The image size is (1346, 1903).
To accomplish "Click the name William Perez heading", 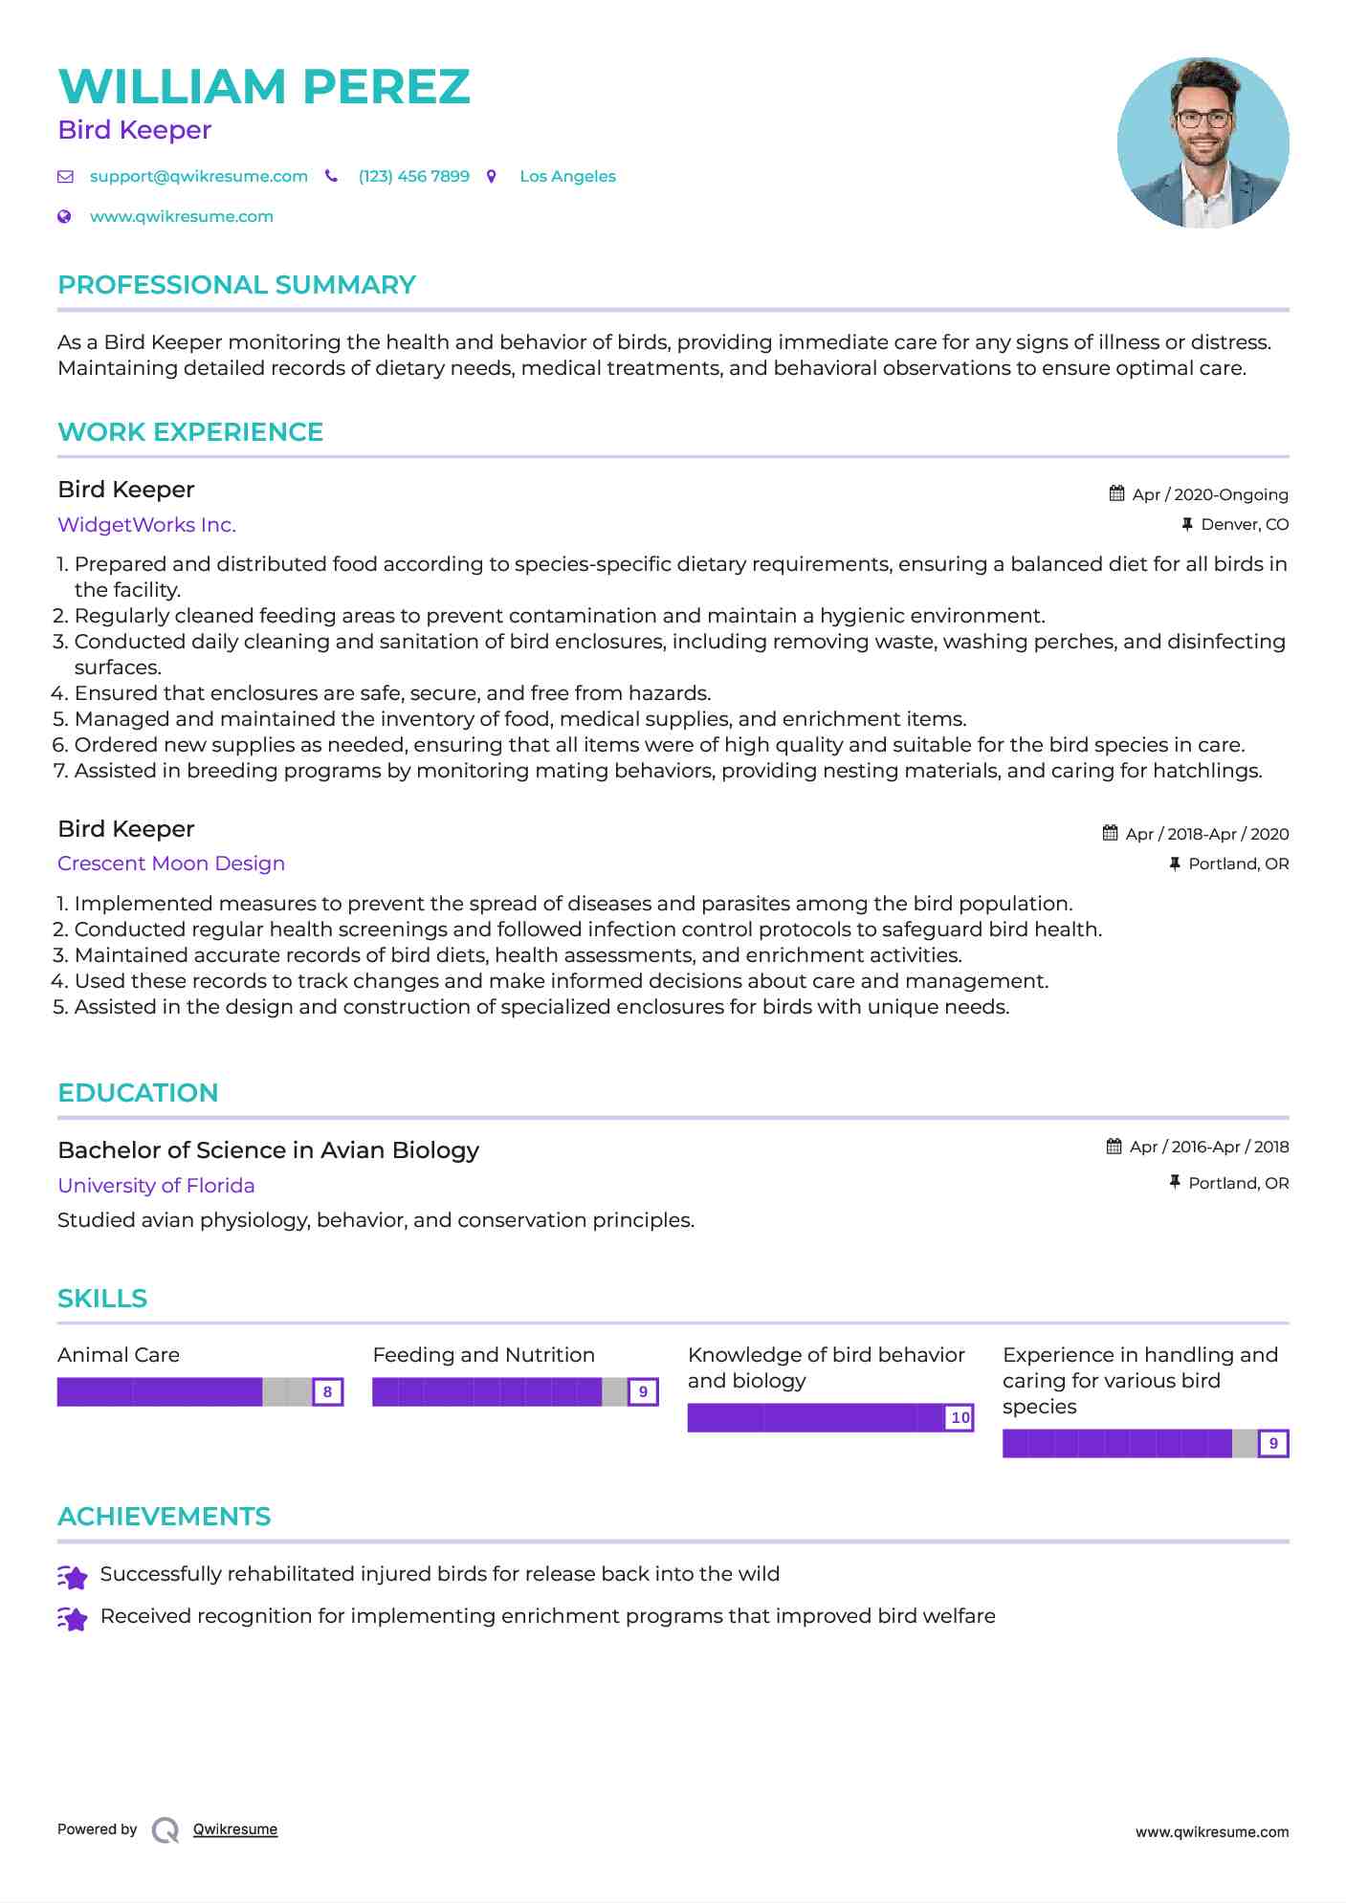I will (264, 86).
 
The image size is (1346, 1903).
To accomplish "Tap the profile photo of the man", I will (1203, 142).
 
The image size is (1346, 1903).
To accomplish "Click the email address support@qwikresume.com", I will (198, 176).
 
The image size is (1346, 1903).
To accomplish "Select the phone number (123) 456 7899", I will (413, 176).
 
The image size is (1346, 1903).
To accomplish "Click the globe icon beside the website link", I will (64, 216).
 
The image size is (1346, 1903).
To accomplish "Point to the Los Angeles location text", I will (567, 176).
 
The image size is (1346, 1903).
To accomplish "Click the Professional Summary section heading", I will (236, 285).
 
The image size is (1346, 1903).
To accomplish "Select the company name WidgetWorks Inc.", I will (146, 524).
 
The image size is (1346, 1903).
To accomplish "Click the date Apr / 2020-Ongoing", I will (1209, 494).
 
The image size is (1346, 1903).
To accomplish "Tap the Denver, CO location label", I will (1244, 524).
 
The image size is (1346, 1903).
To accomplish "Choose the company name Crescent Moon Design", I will (171, 864).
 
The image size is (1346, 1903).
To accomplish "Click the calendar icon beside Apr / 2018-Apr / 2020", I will (1110, 833).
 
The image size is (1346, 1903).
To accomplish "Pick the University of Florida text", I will (156, 1186).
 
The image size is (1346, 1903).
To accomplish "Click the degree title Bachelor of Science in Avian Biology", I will (268, 1150).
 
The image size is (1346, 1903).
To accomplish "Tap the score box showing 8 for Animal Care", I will (327, 1392).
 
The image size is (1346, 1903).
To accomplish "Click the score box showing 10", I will (960, 1418).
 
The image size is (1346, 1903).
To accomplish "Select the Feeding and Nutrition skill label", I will (483, 1355).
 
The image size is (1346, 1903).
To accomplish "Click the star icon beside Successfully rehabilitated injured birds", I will (73, 1576).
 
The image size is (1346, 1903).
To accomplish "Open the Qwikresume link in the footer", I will (235, 1829).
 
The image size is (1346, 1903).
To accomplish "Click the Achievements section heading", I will (164, 1517).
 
